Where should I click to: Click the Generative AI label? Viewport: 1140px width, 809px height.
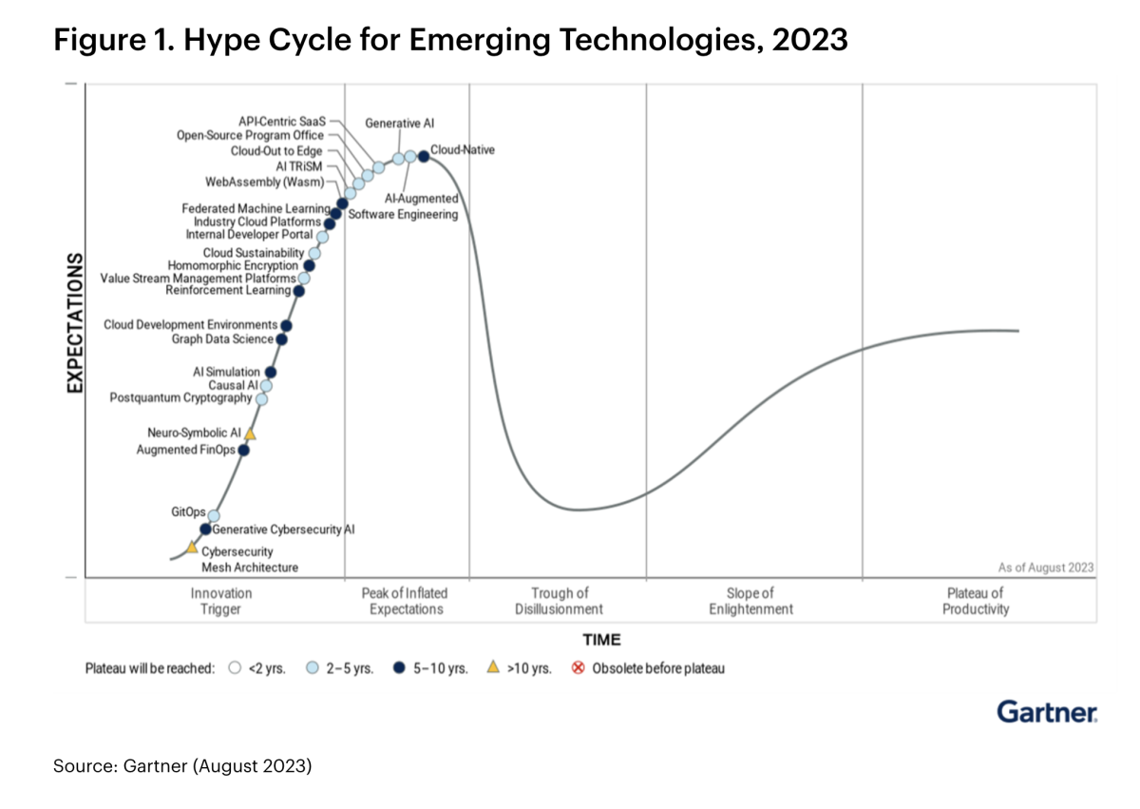pyautogui.click(x=400, y=124)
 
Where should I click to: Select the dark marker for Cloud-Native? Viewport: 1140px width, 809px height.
pyautogui.click(x=424, y=156)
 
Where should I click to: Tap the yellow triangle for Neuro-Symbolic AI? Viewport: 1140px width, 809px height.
pyautogui.click(x=250, y=433)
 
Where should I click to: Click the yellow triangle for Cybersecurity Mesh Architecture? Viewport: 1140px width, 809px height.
pyautogui.click(x=192, y=547)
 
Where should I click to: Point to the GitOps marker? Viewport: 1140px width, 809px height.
pyautogui.click(x=214, y=515)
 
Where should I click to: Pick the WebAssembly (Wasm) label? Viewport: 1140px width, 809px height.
pyautogui.click(x=265, y=182)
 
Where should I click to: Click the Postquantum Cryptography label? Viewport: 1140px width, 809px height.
pyautogui.click(x=181, y=398)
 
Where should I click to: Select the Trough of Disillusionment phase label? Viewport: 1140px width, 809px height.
pyautogui.click(x=559, y=601)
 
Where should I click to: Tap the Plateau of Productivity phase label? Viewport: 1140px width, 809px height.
pyautogui.click(x=976, y=601)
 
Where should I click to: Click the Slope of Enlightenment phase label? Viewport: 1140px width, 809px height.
pyautogui.click(x=750, y=601)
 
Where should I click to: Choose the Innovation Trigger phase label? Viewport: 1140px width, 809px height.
pyautogui.click(x=221, y=601)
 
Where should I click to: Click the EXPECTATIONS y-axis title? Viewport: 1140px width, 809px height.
pyautogui.click(x=75, y=323)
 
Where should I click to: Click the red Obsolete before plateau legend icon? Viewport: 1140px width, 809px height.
pyautogui.click(x=578, y=668)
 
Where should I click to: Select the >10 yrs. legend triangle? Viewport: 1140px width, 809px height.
pyautogui.click(x=493, y=667)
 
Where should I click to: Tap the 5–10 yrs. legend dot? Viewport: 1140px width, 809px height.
pyautogui.click(x=399, y=668)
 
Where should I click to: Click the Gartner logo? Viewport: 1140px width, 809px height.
pyautogui.click(x=1047, y=711)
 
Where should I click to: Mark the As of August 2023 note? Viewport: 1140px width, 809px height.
pyautogui.click(x=1045, y=568)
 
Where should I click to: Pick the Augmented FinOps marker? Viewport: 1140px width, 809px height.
pyautogui.click(x=243, y=450)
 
